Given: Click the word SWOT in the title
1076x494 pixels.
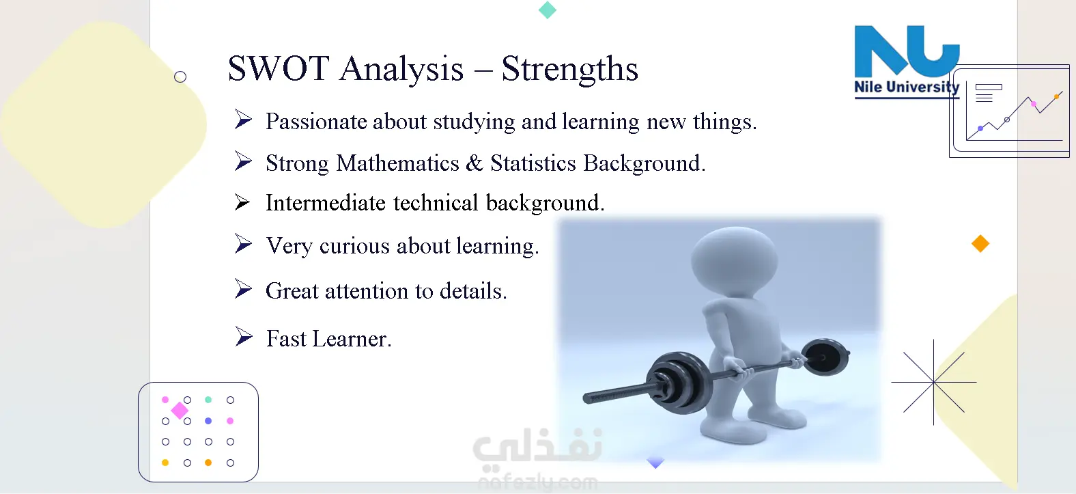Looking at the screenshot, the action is pyautogui.click(x=279, y=68).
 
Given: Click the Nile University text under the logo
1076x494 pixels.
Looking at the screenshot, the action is pyautogui.click(x=907, y=87).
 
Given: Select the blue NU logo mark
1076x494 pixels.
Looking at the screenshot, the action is pyautogui.click(x=907, y=51).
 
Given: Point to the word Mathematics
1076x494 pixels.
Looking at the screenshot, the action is pyautogui.click(x=397, y=163).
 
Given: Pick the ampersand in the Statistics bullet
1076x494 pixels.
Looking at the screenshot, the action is pyautogui.click(x=474, y=163).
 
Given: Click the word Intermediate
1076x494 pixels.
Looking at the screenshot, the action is pyautogui.click(x=325, y=203).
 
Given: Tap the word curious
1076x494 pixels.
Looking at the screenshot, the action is pyautogui.click(x=354, y=246).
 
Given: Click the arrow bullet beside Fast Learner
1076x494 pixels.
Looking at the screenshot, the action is pyautogui.click(x=244, y=336).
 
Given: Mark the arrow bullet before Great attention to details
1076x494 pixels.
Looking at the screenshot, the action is pyautogui.click(x=244, y=288).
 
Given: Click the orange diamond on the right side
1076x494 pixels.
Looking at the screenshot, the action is pyautogui.click(x=980, y=244).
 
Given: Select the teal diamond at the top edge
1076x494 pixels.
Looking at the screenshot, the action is pyautogui.click(x=547, y=10).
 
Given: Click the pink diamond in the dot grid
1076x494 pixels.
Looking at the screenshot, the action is pyautogui.click(x=180, y=411).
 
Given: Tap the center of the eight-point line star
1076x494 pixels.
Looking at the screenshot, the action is pyautogui.click(x=933, y=382).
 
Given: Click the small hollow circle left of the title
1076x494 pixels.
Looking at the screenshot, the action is pyautogui.click(x=180, y=72).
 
